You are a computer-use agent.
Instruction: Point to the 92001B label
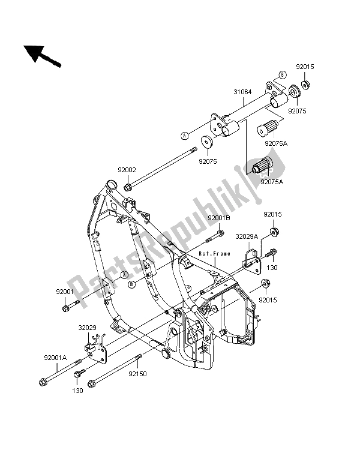[219, 218]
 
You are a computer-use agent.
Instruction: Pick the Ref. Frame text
[215, 254]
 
